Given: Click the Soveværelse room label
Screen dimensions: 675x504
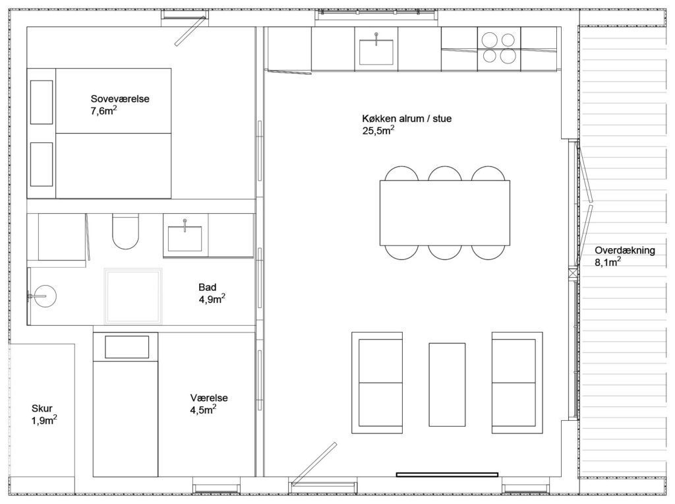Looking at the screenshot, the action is [x=120, y=99].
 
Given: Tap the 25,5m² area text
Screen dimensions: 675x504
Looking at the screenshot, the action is [x=378, y=131].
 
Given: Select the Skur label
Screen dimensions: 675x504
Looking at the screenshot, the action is [x=42, y=408].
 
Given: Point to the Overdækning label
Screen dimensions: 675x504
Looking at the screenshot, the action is [x=625, y=250].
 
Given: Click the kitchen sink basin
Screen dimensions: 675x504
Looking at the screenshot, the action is [x=376, y=53].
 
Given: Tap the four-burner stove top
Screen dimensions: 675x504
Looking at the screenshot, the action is [x=499, y=48].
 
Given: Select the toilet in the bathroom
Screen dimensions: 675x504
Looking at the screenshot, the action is [x=126, y=231].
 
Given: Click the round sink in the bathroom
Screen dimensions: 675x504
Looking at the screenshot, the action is [x=45, y=296].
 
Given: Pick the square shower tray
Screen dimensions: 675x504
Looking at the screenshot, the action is [x=133, y=296].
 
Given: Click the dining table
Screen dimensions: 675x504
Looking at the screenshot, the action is [x=445, y=213].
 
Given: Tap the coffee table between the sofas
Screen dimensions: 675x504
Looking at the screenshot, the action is [x=447, y=385].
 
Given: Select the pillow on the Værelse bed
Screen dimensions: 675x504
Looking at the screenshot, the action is [x=127, y=347].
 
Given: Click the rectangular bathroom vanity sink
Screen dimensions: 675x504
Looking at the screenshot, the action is [x=185, y=238].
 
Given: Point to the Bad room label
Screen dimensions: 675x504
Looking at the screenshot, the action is [x=208, y=288].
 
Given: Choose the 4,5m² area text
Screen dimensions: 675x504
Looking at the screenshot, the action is [x=203, y=410].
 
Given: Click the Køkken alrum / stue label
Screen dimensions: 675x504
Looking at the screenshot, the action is [x=407, y=119].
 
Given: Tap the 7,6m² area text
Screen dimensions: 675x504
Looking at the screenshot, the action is [x=103, y=111].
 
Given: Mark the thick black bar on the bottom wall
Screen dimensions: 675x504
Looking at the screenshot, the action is [x=447, y=475].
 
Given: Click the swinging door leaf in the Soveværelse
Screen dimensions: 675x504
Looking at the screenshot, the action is [x=191, y=30].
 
